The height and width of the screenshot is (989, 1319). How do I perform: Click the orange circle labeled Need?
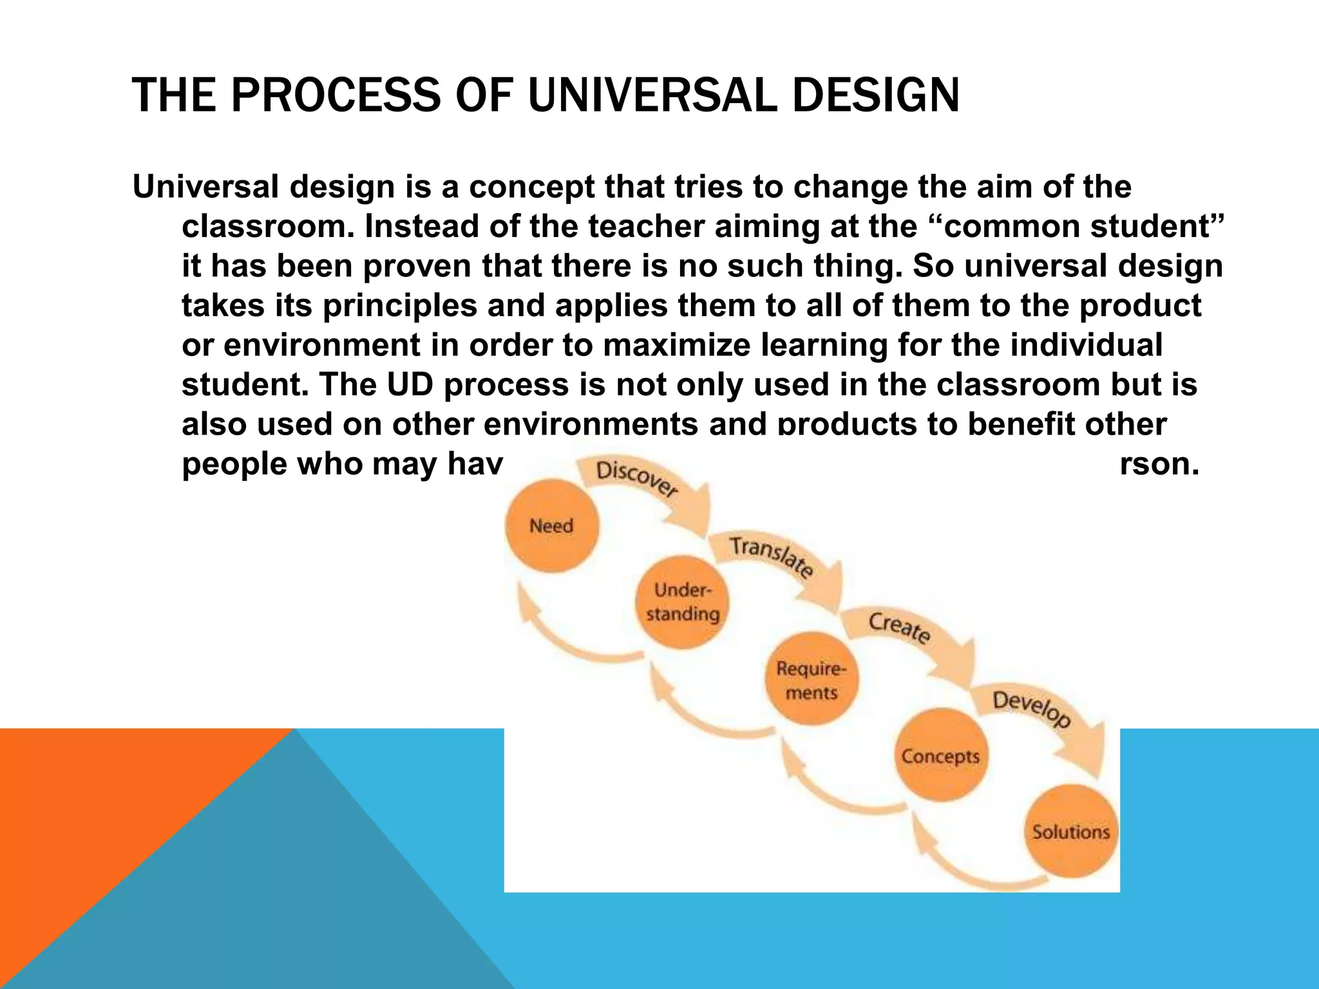[552, 525]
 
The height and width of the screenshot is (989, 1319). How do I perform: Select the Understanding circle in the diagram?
[683, 602]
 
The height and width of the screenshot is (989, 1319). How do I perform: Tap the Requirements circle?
[811, 680]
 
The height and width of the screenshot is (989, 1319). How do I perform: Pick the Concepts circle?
[940, 755]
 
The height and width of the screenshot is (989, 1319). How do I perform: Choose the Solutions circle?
[1071, 831]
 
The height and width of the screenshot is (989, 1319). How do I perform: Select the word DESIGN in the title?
[876, 95]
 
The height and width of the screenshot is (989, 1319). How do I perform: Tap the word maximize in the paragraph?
[676, 345]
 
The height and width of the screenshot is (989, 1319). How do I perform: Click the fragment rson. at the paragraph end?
[1159, 464]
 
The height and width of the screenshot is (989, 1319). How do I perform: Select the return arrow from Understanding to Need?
[567, 637]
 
